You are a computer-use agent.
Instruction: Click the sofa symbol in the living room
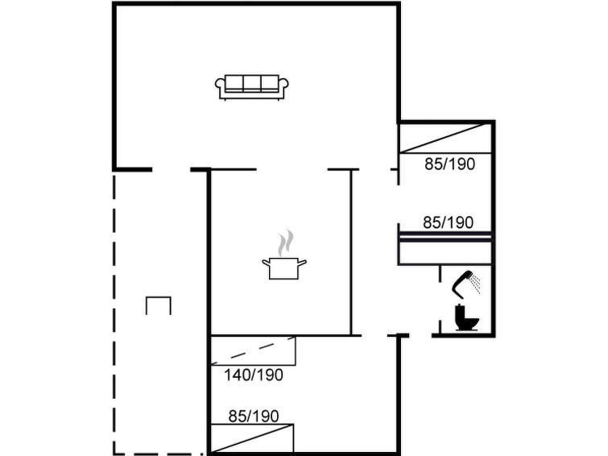(251, 87)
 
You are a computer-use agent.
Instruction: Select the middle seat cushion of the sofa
(251, 83)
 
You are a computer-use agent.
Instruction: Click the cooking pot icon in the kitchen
(284, 268)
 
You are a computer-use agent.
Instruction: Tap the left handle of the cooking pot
(266, 263)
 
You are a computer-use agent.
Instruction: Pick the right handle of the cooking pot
(303, 263)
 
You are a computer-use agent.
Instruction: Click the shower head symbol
(462, 282)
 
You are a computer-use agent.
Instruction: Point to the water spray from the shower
(475, 284)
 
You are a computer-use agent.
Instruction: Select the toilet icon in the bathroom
(466, 318)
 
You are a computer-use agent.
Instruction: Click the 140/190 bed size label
(254, 375)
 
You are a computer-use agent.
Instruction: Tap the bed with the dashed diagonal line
(253, 350)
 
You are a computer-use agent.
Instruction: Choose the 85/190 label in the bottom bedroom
(254, 417)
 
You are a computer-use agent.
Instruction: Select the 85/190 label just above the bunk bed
(449, 222)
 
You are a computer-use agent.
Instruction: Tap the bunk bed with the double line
(445, 248)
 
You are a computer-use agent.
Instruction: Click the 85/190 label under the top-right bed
(450, 164)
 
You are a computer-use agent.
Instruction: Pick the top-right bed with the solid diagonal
(445, 138)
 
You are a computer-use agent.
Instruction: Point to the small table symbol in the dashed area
(159, 305)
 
